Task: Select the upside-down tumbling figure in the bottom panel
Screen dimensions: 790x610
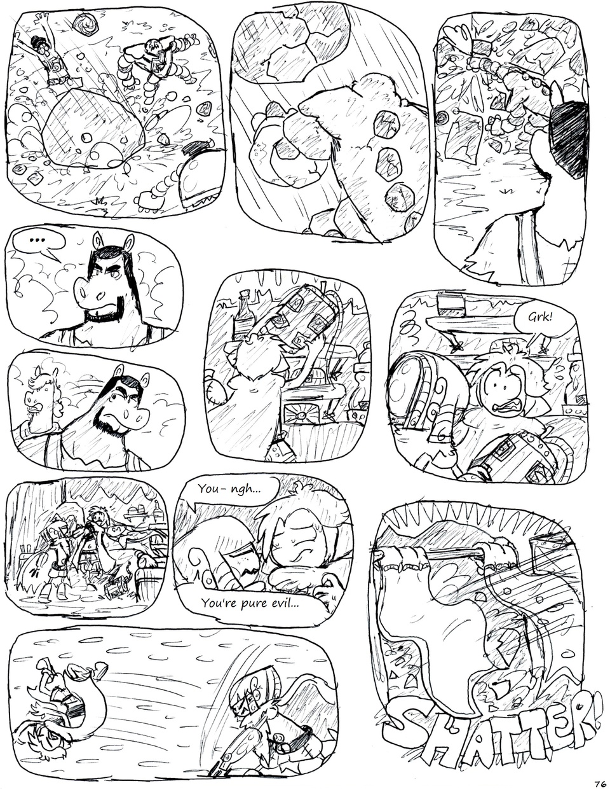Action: pyautogui.click(x=60, y=690)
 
